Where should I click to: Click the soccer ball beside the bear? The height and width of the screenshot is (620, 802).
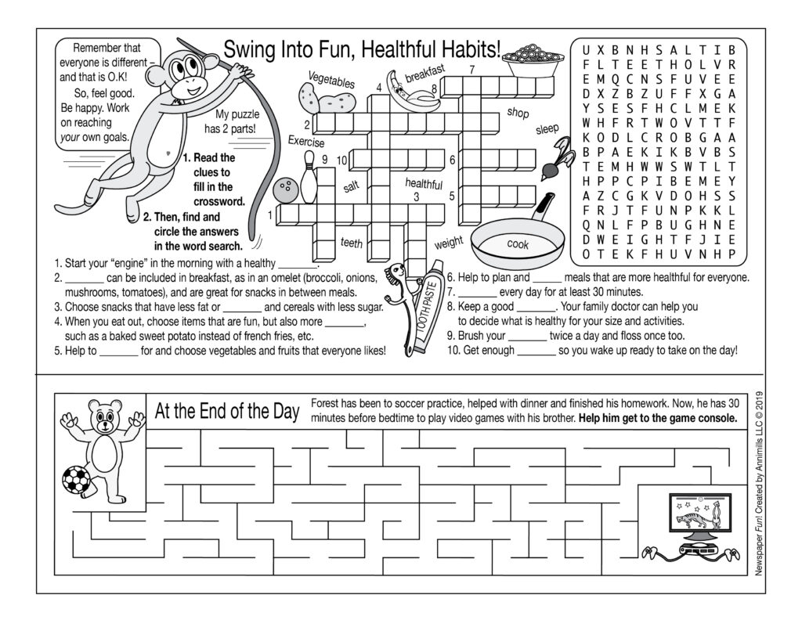(x=75, y=479)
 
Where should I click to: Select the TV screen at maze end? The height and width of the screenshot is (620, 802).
(x=699, y=517)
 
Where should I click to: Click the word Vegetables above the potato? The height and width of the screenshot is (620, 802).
(x=331, y=80)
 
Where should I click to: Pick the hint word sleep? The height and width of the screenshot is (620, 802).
(x=547, y=129)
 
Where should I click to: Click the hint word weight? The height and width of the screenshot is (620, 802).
(x=449, y=242)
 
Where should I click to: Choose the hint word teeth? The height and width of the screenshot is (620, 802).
(x=352, y=243)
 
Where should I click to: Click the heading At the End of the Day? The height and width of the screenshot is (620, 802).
(x=227, y=412)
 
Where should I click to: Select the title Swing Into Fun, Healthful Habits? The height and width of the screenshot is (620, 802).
(x=362, y=49)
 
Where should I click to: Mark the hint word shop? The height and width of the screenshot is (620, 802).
(x=518, y=113)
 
